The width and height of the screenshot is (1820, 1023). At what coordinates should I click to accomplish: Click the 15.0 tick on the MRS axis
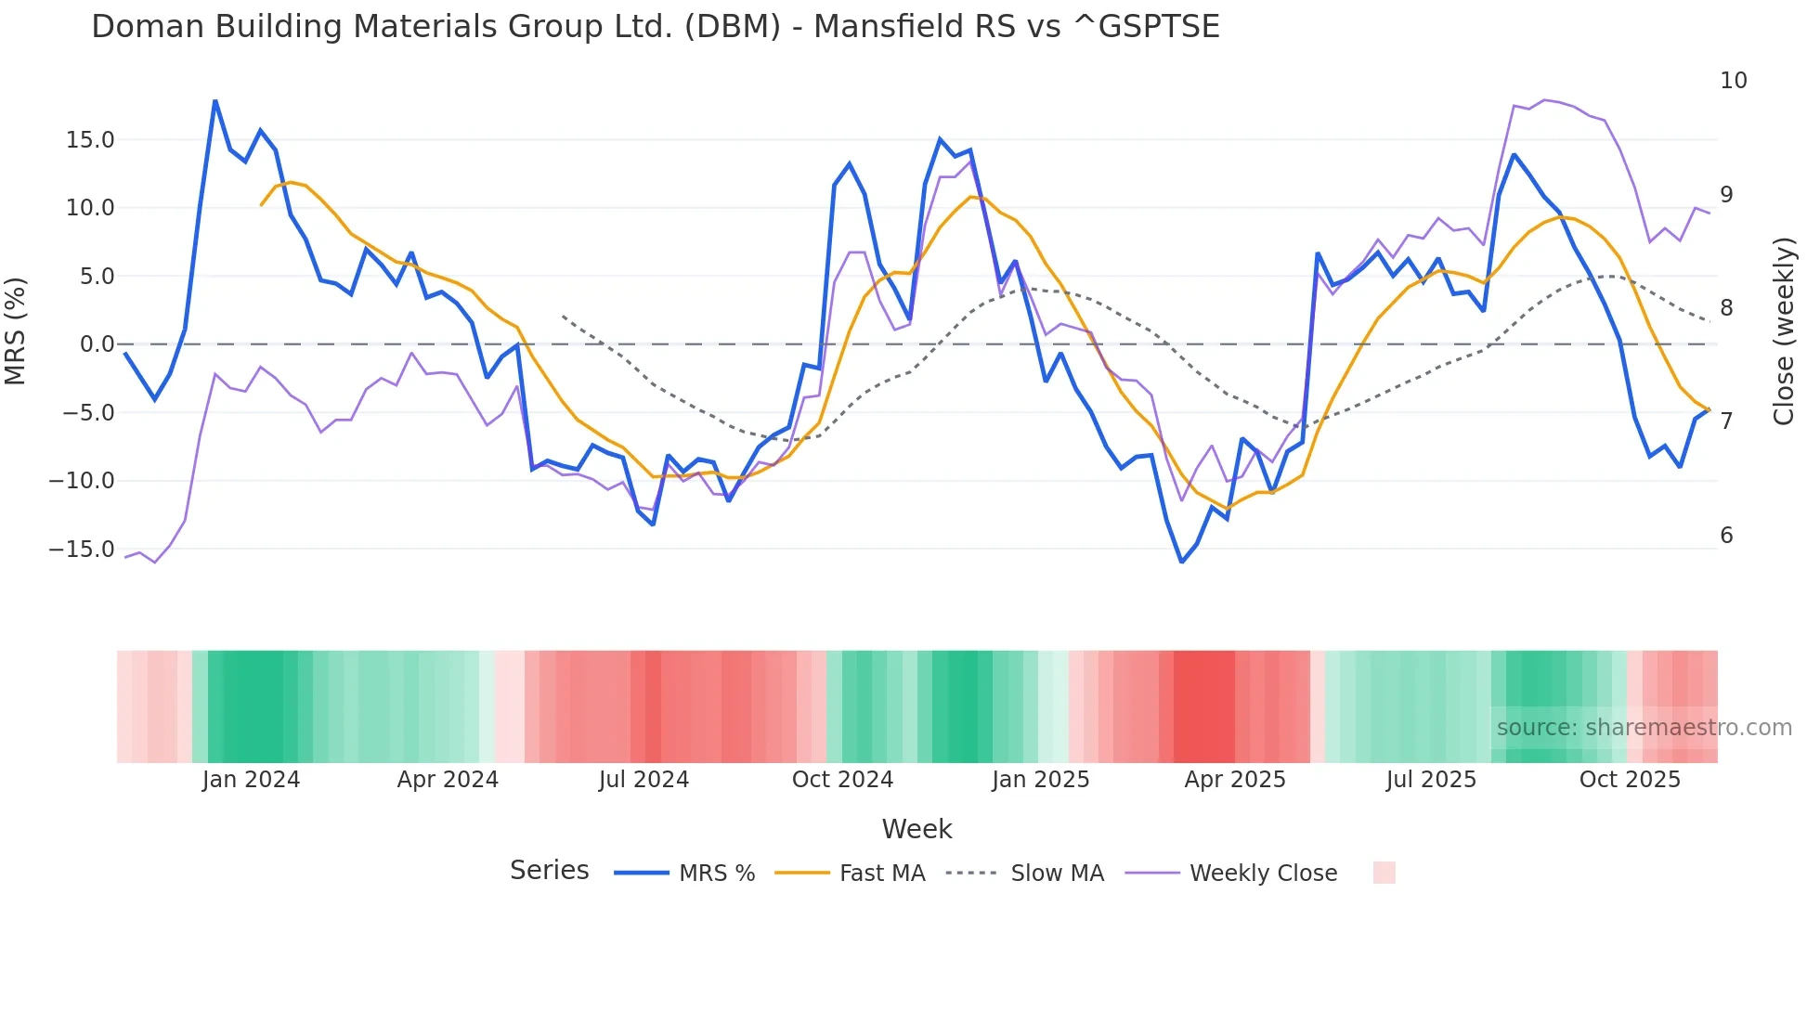pyautogui.click(x=89, y=140)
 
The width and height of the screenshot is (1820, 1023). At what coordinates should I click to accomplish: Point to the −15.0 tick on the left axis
pyautogui.click(x=82, y=550)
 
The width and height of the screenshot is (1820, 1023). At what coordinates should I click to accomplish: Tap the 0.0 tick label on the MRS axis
pyautogui.click(x=97, y=344)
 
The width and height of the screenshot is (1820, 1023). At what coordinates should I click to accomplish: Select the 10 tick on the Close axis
pyautogui.click(x=1733, y=81)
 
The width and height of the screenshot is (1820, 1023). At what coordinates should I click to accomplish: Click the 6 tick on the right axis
pyautogui.click(x=1726, y=536)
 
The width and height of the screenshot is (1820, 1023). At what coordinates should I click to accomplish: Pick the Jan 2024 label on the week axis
pyautogui.click(x=251, y=780)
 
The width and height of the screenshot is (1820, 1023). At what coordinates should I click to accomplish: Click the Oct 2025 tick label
pyautogui.click(x=1630, y=780)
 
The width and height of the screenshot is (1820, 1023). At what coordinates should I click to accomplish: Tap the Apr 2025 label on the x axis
pyautogui.click(x=1235, y=780)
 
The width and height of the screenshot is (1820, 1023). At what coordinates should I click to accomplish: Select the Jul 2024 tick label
pyautogui.click(x=643, y=780)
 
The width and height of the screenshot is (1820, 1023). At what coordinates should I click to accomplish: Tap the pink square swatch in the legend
pyautogui.click(x=1384, y=873)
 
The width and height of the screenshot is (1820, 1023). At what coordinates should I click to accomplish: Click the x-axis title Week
pyautogui.click(x=916, y=829)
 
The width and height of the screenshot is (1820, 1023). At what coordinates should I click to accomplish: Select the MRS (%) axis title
pyautogui.click(x=16, y=331)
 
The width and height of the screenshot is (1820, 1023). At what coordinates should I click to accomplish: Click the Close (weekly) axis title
pyautogui.click(x=1783, y=331)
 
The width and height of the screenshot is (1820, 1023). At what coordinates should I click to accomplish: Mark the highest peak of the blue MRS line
pyautogui.click(x=215, y=100)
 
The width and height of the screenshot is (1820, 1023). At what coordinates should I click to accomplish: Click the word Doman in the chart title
pyautogui.click(x=149, y=27)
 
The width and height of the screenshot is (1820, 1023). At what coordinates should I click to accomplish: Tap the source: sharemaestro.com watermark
pyautogui.click(x=1644, y=728)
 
